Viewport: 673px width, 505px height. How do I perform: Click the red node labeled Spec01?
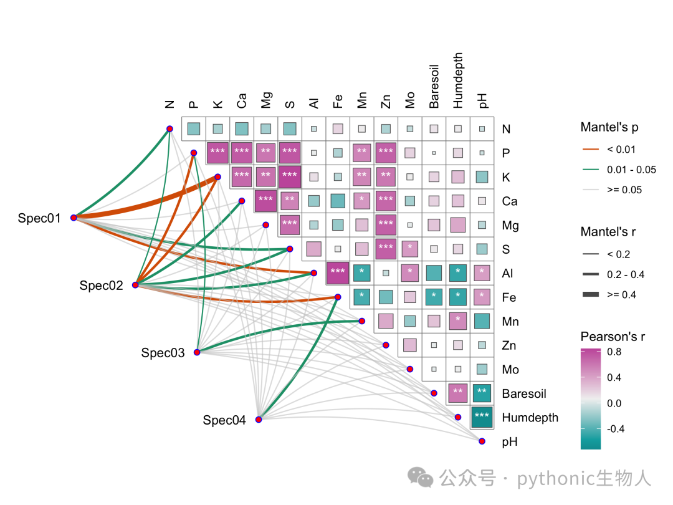pyautogui.click(x=74, y=218)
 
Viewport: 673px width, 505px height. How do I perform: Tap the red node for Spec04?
pyautogui.click(x=259, y=420)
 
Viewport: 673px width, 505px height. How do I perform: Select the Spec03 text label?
pyautogui.click(x=163, y=353)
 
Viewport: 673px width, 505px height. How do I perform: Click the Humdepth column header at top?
pyautogui.click(x=458, y=80)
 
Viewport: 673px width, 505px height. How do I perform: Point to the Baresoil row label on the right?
pyautogui.click(x=524, y=393)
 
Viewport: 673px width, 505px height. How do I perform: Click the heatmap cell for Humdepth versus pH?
pyautogui.click(x=482, y=417)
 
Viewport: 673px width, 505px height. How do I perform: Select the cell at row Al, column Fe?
pyautogui.click(x=338, y=273)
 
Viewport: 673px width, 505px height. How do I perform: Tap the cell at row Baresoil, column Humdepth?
pyautogui.click(x=458, y=393)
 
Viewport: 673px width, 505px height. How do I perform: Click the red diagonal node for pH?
pyautogui.click(x=482, y=441)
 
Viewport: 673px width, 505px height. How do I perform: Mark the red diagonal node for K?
pyautogui.click(x=218, y=177)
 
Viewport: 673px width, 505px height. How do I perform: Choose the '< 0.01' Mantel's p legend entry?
pyautogui.click(x=621, y=150)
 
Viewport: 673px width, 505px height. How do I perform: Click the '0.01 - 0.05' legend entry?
pyautogui.click(x=631, y=170)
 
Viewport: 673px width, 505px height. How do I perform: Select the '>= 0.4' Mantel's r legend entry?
pyautogui.click(x=621, y=294)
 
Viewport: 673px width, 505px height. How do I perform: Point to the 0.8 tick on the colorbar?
pyautogui.click(x=614, y=352)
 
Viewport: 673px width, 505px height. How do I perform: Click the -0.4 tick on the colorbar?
pyautogui.click(x=616, y=428)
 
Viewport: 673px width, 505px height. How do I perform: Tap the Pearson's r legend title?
pyautogui.click(x=613, y=336)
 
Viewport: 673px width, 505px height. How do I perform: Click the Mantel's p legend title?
pyautogui.click(x=609, y=127)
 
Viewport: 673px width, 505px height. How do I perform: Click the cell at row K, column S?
pyautogui.click(x=290, y=177)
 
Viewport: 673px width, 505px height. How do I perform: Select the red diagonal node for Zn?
pyautogui.click(x=386, y=345)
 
